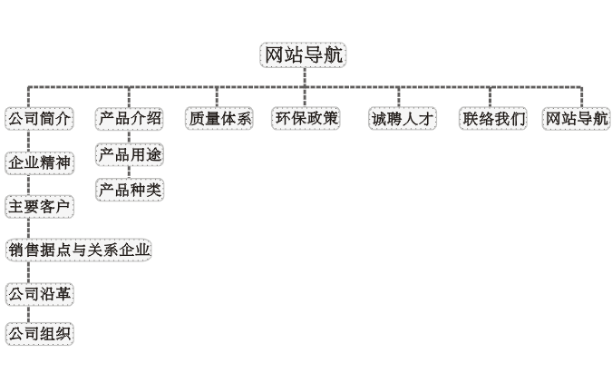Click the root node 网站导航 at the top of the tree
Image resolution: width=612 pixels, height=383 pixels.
pos(303,55)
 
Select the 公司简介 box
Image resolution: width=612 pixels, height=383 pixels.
pos(39,119)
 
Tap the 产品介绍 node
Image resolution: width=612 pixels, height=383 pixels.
pos(130,119)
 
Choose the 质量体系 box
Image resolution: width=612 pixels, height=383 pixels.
pos(219,119)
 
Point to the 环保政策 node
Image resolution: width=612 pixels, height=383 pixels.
pos(306,118)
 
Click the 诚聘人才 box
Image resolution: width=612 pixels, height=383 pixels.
pos(403,119)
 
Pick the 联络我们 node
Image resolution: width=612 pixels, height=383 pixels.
pos(493,119)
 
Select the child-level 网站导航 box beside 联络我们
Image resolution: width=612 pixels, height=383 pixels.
pos(577,119)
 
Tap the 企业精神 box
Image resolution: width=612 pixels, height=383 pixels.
pos(39,163)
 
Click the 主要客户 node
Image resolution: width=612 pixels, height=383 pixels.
pos(39,207)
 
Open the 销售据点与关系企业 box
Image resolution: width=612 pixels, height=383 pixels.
pos(79,250)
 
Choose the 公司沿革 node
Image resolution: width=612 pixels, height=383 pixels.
pos(39,294)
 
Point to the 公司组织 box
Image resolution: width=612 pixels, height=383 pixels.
pos(39,334)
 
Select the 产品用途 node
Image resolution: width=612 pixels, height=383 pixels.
pos(130,155)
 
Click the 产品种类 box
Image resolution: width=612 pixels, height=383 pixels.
pos(130,191)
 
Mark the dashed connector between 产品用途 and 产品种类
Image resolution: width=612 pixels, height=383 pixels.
pos(129,172)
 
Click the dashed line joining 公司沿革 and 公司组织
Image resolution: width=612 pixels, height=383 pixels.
pos(28,314)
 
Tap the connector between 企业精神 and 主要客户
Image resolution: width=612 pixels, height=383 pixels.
pos(28,185)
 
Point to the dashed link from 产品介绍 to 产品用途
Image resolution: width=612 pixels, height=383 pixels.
pos(129,137)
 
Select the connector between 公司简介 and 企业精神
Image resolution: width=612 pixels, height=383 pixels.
pos(28,141)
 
